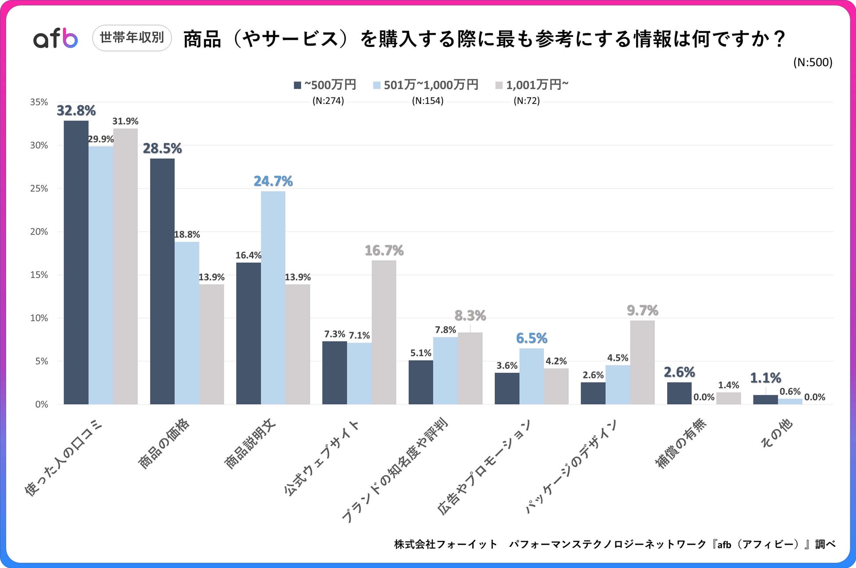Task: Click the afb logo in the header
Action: point(56,39)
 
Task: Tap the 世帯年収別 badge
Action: point(132,38)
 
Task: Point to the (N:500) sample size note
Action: point(813,62)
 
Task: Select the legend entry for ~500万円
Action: point(325,85)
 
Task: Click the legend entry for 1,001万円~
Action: point(532,85)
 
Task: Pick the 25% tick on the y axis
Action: point(39,189)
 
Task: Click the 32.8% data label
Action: point(76,111)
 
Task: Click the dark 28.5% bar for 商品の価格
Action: point(162,281)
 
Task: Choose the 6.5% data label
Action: point(532,338)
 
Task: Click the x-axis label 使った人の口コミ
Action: point(63,458)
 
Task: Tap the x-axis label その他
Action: point(777,433)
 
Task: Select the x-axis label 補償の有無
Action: point(680,443)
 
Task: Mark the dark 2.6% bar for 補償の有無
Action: point(679,393)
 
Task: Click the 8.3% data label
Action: point(470,315)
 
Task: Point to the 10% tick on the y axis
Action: point(39,318)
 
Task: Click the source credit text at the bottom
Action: point(615,544)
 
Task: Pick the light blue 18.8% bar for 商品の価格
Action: point(187,323)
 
